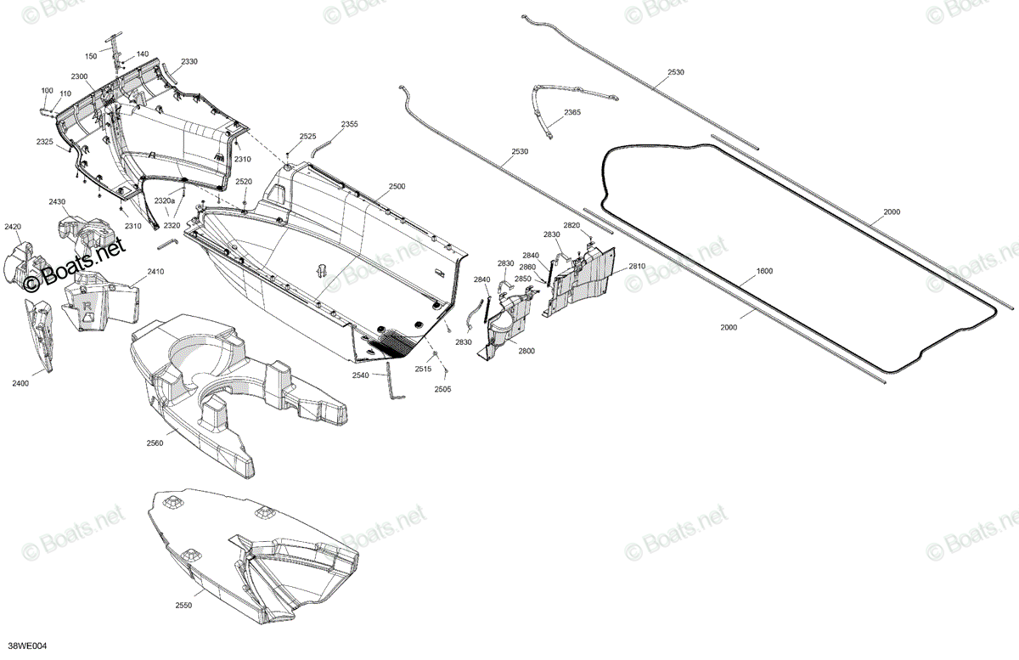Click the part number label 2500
point(397,187)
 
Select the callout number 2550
point(183,606)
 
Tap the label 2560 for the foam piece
point(155,443)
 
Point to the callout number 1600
point(764,271)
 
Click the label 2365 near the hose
point(572,112)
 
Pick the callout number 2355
point(349,124)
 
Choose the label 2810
point(637,266)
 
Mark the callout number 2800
point(526,352)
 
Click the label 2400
point(20,384)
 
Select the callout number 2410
point(155,272)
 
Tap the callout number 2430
point(57,201)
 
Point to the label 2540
point(360,375)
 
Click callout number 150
point(91,56)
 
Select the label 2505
point(442,389)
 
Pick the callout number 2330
point(189,62)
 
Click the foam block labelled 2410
point(101,301)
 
